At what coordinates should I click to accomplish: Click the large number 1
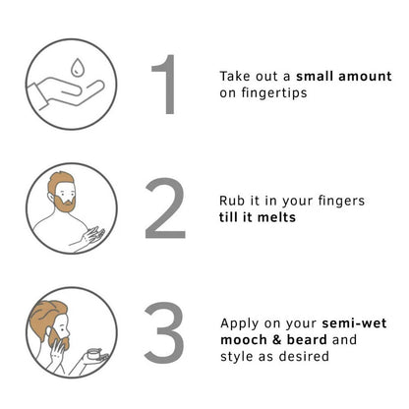point(166,85)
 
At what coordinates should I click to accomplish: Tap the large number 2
point(165,208)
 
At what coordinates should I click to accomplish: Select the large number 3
point(164,332)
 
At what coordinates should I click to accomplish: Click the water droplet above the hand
point(77,67)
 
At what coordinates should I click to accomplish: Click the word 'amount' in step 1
point(365,77)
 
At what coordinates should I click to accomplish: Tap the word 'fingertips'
point(274,93)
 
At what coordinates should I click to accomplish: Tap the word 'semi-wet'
point(354,323)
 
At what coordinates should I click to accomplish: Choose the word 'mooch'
point(244,340)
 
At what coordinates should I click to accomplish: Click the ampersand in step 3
point(277,340)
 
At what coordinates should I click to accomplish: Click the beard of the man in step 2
point(66,204)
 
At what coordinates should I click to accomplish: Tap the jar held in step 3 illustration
point(94,354)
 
